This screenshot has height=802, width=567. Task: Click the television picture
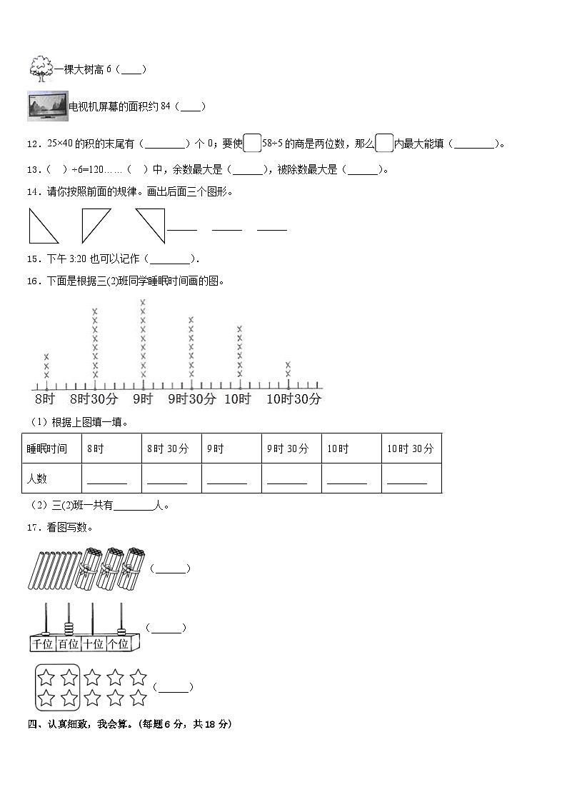pyautogui.click(x=47, y=106)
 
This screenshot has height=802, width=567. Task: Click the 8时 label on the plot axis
pyautogui.click(x=44, y=399)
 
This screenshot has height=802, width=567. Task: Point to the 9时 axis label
pyautogui.click(x=142, y=399)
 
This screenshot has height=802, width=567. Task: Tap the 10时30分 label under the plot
pyautogui.click(x=293, y=399)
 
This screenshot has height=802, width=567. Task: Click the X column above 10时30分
pyautogui.click(x=288, y=369)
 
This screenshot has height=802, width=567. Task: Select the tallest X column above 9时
pyautogui.click(x=143, y=339)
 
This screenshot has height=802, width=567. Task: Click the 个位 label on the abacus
pyautogui.click(x=118, y=643)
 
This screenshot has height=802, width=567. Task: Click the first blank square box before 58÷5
pyautogui.click(x=252, y=144)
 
